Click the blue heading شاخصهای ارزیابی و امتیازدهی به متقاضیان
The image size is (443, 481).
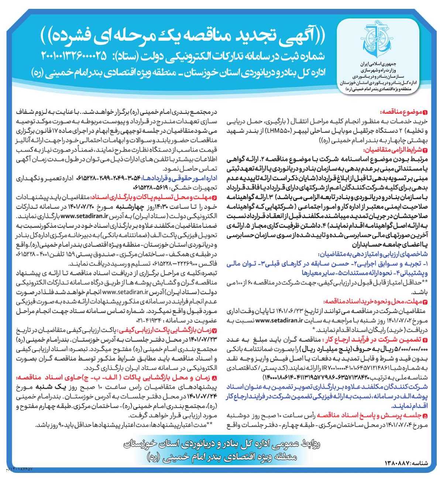click(x=373, y=254)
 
